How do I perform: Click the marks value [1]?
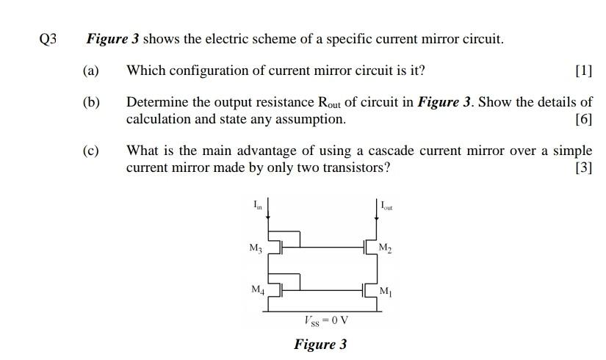click(584, 71)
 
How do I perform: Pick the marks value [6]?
click(584, 119)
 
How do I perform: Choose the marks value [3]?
click(584, 167)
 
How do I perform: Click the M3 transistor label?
click(256, 247)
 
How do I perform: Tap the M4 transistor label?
click(256, 289)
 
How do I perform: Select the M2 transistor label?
click(386, 247)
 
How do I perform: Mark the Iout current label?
click(386, 206)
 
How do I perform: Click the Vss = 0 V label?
click(325, 320)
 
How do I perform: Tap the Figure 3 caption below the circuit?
click(320, 344)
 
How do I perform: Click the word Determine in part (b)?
click(157, 103)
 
